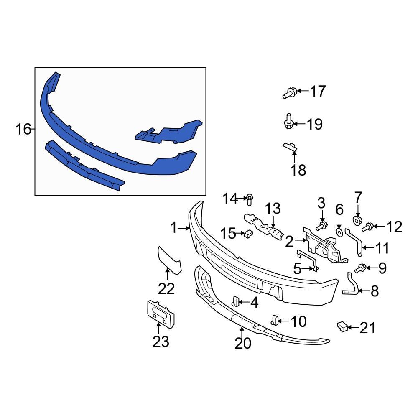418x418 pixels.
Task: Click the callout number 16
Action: tap(23, 130)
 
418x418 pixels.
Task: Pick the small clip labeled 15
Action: tap(248, 234)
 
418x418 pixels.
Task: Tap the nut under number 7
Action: tap(357, 220)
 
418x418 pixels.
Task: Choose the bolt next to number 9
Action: tap(361, 268)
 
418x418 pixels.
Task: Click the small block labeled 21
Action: tap(342, 326)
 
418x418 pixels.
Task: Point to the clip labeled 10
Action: tap(275, 320)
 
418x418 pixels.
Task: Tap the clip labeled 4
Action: tap(236, 301)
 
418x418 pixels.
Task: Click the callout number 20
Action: tap(243, 343)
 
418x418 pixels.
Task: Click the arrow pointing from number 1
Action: tap(184, 228)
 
